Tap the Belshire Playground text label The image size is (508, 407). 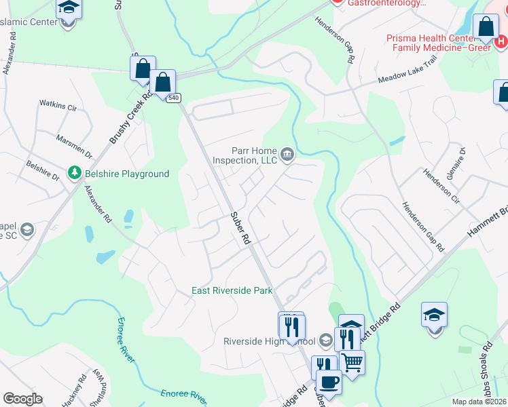127,174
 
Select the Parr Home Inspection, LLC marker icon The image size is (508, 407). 287,155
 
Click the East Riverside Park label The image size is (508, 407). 232,290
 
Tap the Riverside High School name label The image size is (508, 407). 270,341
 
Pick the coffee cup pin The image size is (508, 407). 329,381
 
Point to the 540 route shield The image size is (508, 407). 175,98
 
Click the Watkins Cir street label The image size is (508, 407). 58,105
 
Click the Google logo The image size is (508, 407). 22,399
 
